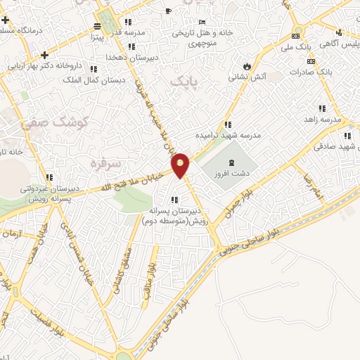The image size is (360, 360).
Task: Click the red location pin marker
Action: point(181,165)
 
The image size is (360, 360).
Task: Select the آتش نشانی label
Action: point(243,78)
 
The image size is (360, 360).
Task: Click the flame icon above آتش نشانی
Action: point(244,65)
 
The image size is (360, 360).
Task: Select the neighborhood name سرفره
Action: point(106,163)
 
